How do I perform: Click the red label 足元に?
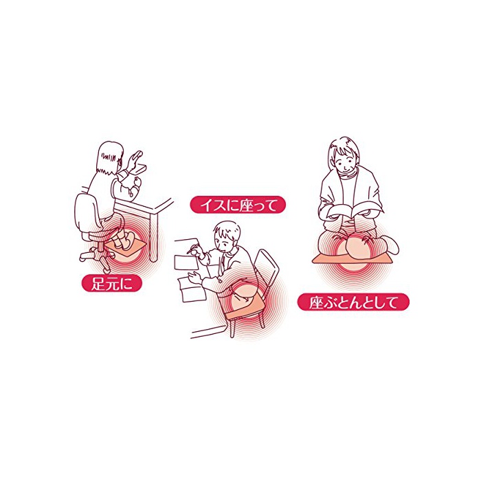111,284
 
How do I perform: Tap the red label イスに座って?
238,205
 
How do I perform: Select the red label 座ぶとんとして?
353,302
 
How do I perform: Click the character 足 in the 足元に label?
99,284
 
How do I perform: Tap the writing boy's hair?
227,231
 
